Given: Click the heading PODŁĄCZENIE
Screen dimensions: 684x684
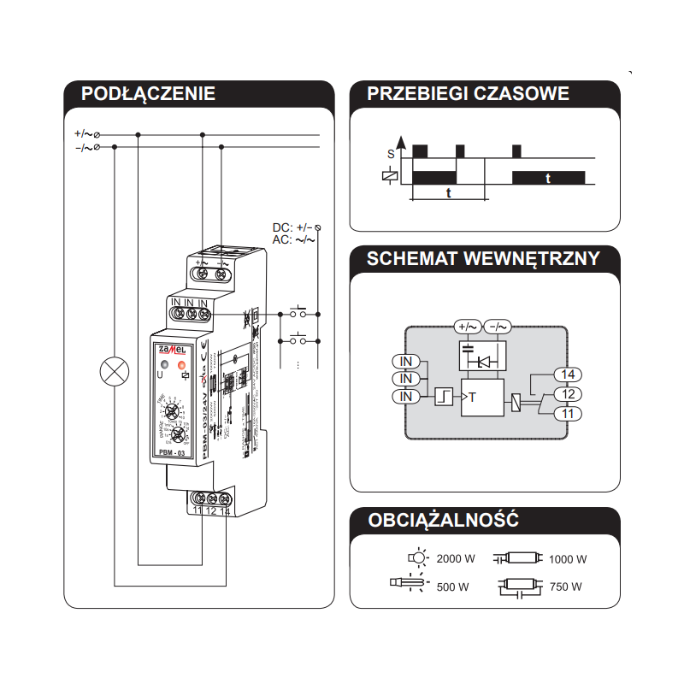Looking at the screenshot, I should point(148,94).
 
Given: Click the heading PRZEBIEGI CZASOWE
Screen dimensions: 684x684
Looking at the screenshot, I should point(468,94).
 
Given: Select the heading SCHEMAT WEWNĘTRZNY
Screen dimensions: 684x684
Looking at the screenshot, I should point(483,259).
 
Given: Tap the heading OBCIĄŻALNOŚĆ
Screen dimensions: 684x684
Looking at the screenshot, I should point(443,520).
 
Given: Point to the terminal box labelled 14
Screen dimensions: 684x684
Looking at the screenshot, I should point(567,374).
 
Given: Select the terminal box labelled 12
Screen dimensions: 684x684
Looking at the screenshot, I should point(567,394).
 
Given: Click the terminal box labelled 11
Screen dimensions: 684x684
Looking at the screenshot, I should point(567,414).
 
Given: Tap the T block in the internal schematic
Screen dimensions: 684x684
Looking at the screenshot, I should point(482,397).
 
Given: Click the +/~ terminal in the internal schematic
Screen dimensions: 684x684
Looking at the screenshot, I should point(467,326).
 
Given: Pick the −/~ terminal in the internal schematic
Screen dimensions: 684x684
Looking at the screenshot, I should point(498,326).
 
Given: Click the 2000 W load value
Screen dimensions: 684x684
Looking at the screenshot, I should point(456,559).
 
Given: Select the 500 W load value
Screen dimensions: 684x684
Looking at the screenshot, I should point(453,587).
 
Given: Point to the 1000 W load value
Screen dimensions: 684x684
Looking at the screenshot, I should point(568,559).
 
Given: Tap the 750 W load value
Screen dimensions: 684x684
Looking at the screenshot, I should point(565,587).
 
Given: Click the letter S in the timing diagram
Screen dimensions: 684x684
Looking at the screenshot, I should point(391,154).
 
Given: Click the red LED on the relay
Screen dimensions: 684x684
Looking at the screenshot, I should point(182,367).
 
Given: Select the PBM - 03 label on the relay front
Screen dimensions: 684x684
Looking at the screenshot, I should point(174,451).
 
